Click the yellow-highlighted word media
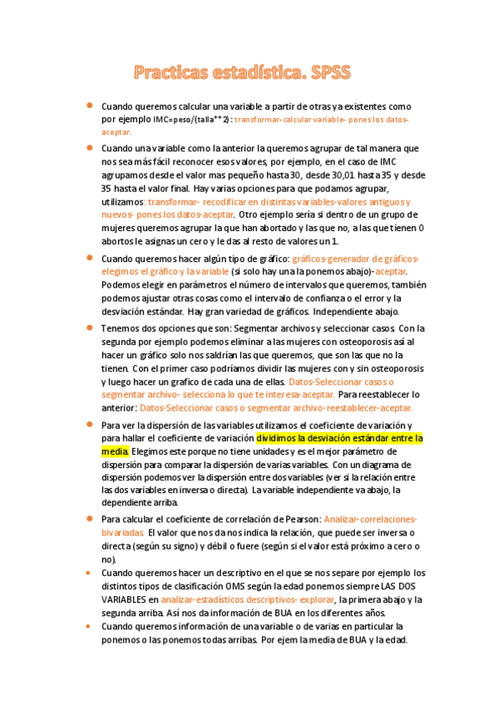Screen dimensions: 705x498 pos(115,451)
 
